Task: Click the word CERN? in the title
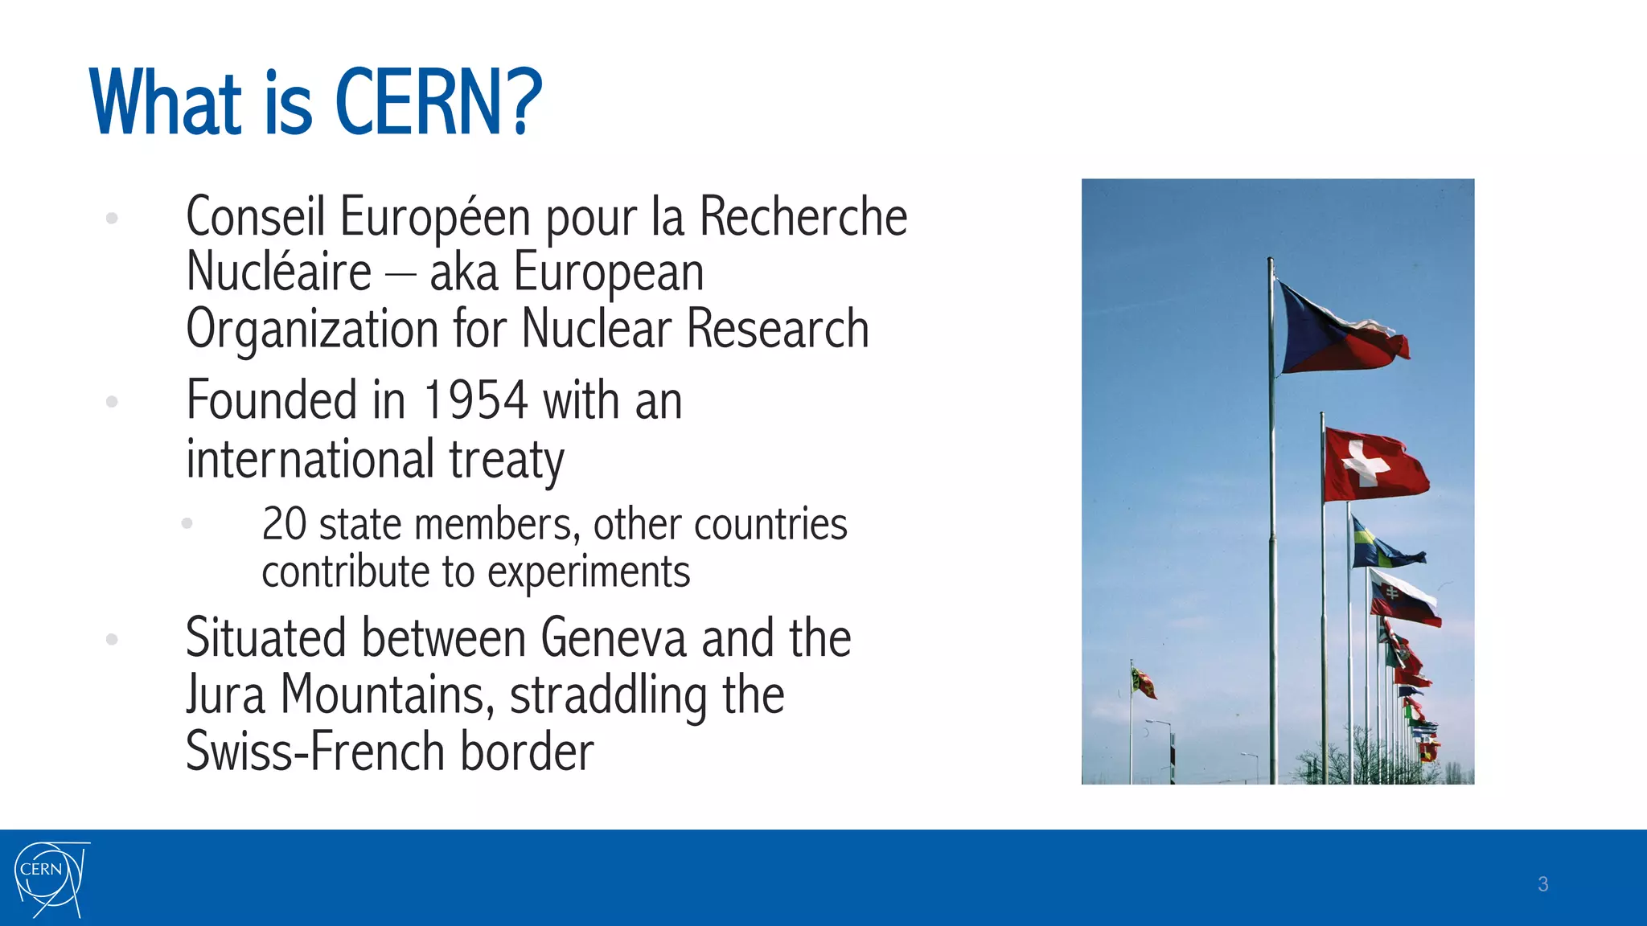pyautogui.click(x=438, y=103)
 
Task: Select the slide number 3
pyautogui.click(x=1542, y=884)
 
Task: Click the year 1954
pyautogui.click(x=475, y=400)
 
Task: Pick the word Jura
pyautogui.click(x=225, y=694)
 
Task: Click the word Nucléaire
pyautogui.click(x=278, y=272)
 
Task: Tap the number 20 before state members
pyautogui.click(x=284, y=524)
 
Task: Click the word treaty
pyautogui.click(x=507, y=460)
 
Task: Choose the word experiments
pyautogui.click(x=588, y=572)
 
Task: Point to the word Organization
pyautogui.click(x=312, y=330)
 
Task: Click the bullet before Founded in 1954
pyautogui.click(x=112, y=401)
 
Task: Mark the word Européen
pyautogui.click(x=435, y=217)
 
